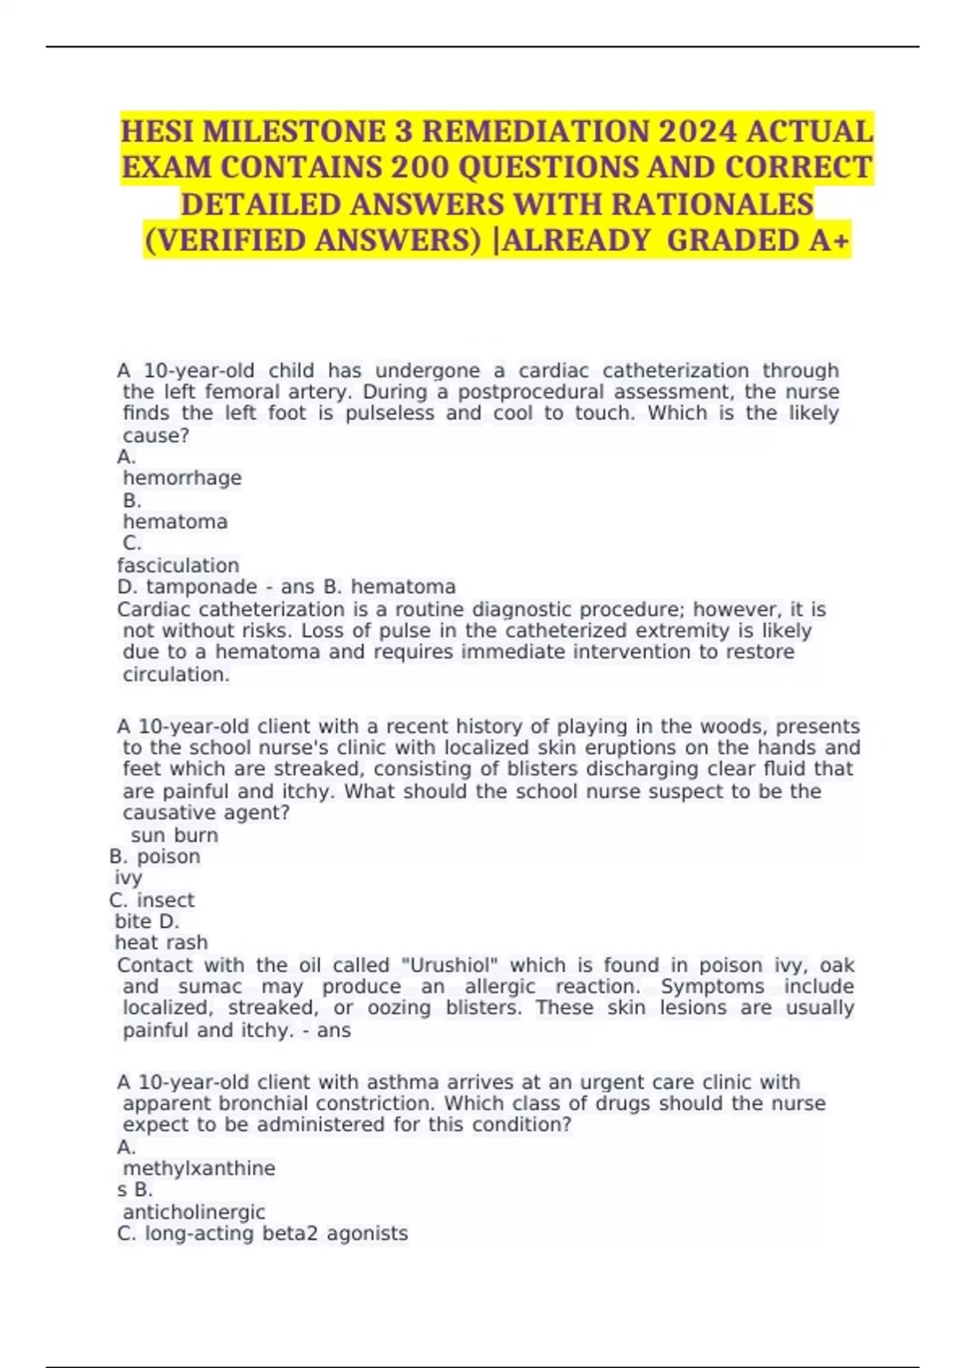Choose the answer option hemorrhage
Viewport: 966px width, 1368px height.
182,478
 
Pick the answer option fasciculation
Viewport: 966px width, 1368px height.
178,566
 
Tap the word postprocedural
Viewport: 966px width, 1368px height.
517,392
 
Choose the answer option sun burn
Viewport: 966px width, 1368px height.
174,835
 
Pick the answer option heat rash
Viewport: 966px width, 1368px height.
161,942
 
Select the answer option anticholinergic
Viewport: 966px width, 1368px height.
193,1212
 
